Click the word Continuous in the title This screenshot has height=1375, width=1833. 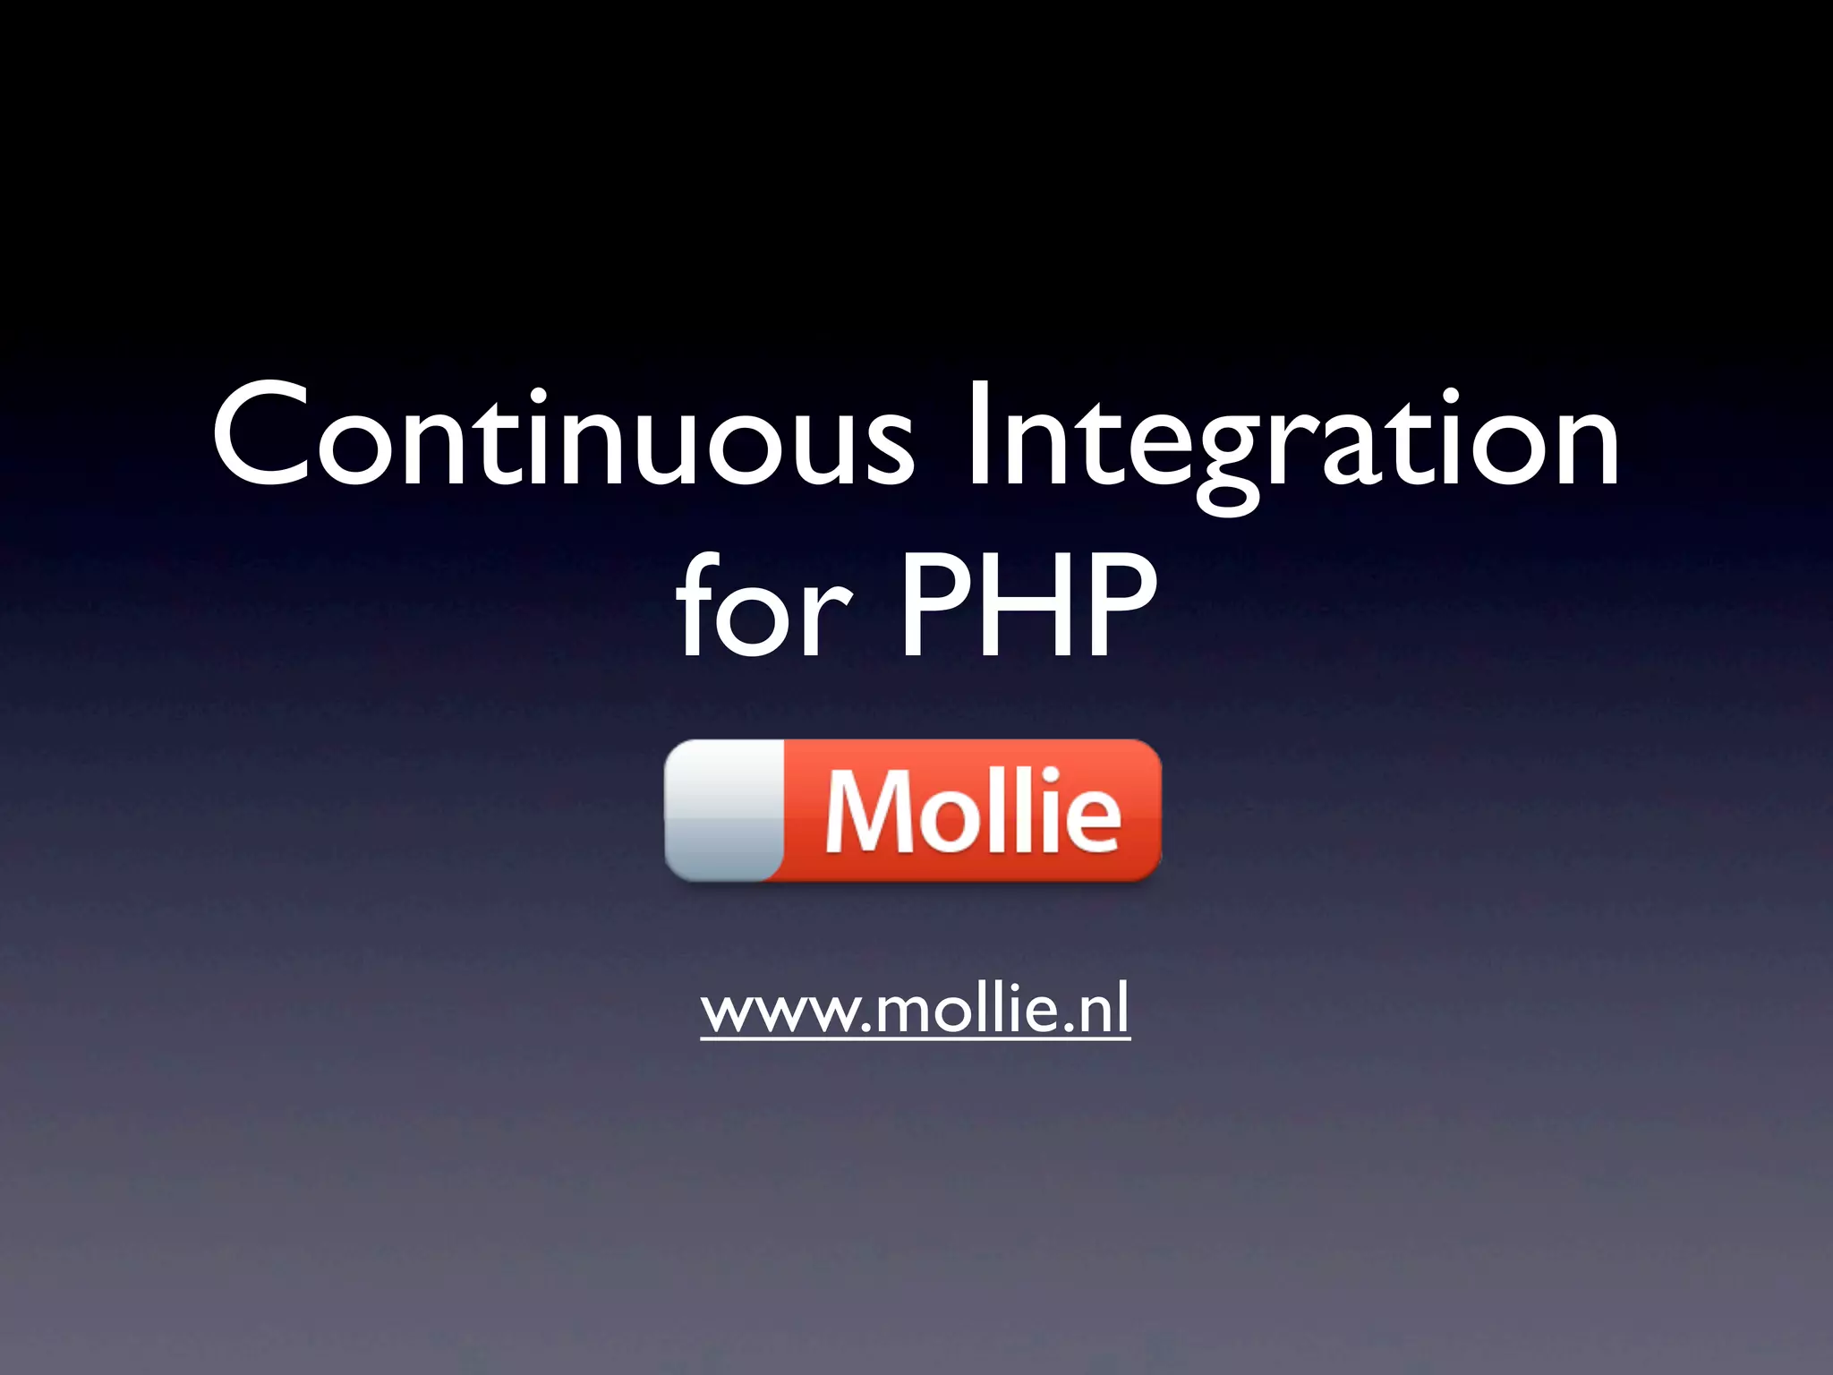pyautogui.click(x=562, y=436)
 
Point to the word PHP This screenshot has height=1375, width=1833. pyautogui.click(x=1028, y=605)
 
